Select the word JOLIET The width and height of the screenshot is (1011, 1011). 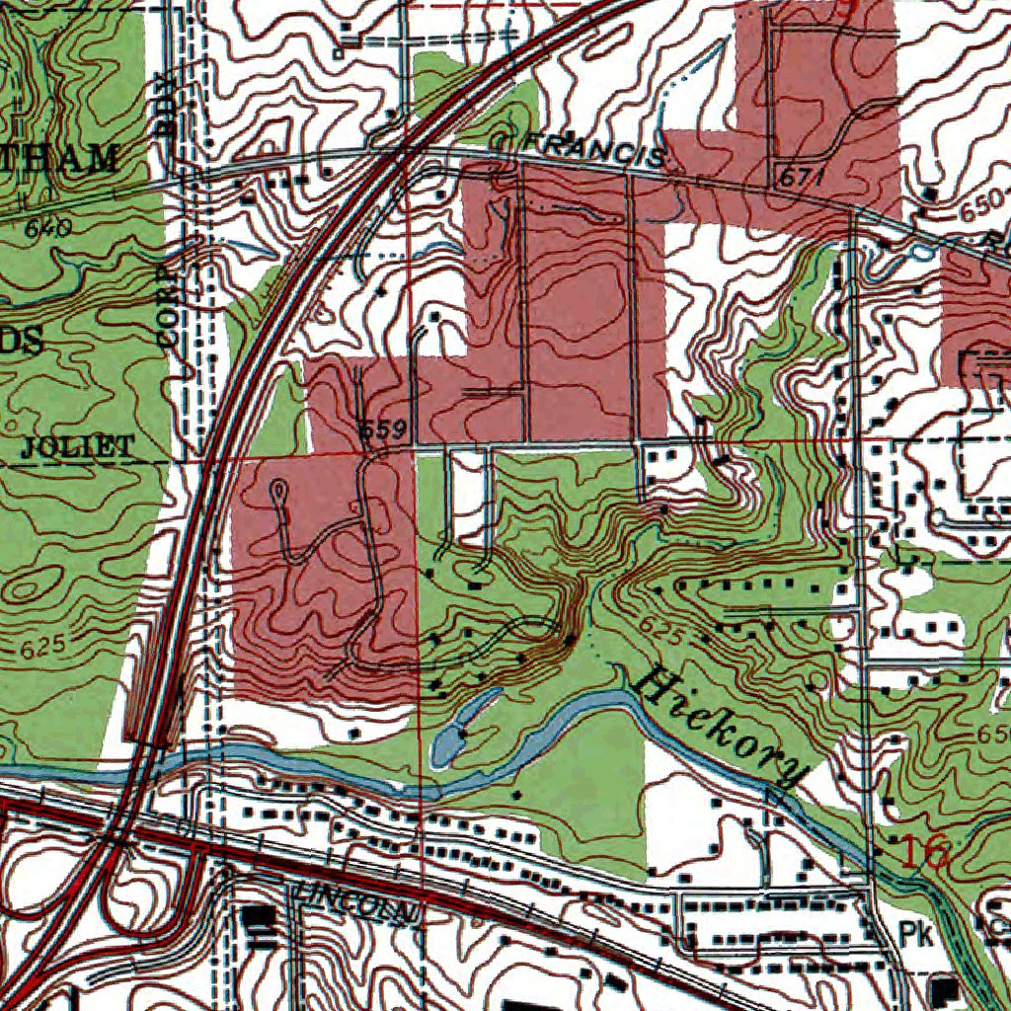coord(76,446)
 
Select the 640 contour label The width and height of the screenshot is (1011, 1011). coord(48,228)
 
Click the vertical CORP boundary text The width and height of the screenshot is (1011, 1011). coord(170,302)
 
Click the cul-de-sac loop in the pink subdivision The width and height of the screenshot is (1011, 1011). coord(279,487)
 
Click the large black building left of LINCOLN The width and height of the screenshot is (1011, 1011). coord(261,918)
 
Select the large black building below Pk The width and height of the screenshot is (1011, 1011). coord(945,987)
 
